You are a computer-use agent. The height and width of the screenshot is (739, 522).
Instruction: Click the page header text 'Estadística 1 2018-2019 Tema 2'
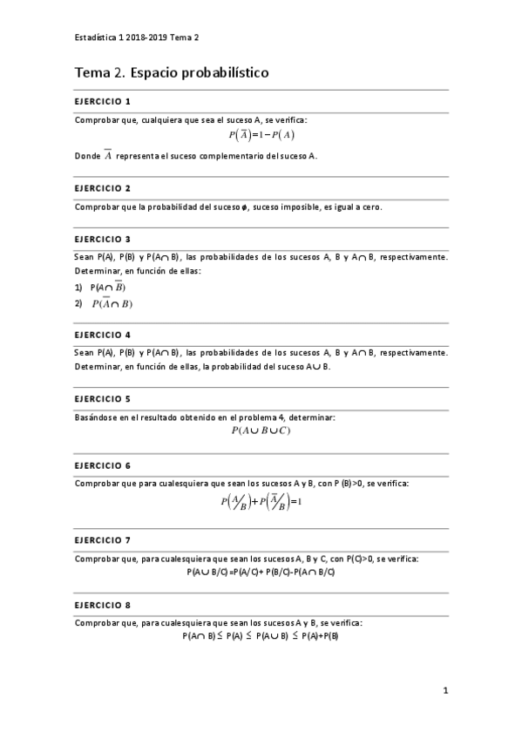(137, 37)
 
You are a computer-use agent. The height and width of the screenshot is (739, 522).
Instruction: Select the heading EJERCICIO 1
(103, 101)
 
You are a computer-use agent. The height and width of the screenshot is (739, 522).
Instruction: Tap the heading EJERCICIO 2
(103, 187)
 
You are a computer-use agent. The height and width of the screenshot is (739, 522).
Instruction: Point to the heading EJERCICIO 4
(103, 334)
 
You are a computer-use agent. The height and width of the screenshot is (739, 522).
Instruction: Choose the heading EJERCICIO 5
(103, 398)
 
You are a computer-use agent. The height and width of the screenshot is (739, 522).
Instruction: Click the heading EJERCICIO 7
(103, 539)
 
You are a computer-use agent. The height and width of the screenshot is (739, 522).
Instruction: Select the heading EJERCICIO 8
(103, 604)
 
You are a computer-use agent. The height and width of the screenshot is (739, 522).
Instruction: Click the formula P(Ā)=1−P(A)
(261, 135)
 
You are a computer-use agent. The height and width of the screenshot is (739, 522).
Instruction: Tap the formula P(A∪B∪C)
(261, 431)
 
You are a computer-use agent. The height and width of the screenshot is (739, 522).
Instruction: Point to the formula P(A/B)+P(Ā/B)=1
(261, 503)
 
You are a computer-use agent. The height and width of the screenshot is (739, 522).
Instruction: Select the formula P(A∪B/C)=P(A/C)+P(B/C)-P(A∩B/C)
(261, 572)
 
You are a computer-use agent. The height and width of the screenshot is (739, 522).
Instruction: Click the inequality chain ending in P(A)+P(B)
(261, 636)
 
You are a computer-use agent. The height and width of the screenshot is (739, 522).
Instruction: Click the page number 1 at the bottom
(445, 691)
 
